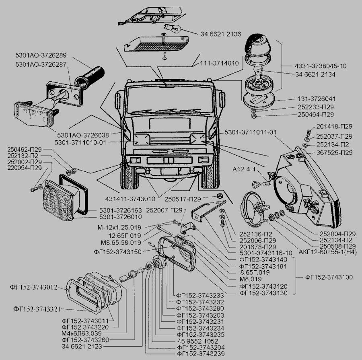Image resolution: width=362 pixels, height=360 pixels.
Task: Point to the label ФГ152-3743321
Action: click(37, 309)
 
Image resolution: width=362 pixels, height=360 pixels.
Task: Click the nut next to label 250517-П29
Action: click(220, 196)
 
